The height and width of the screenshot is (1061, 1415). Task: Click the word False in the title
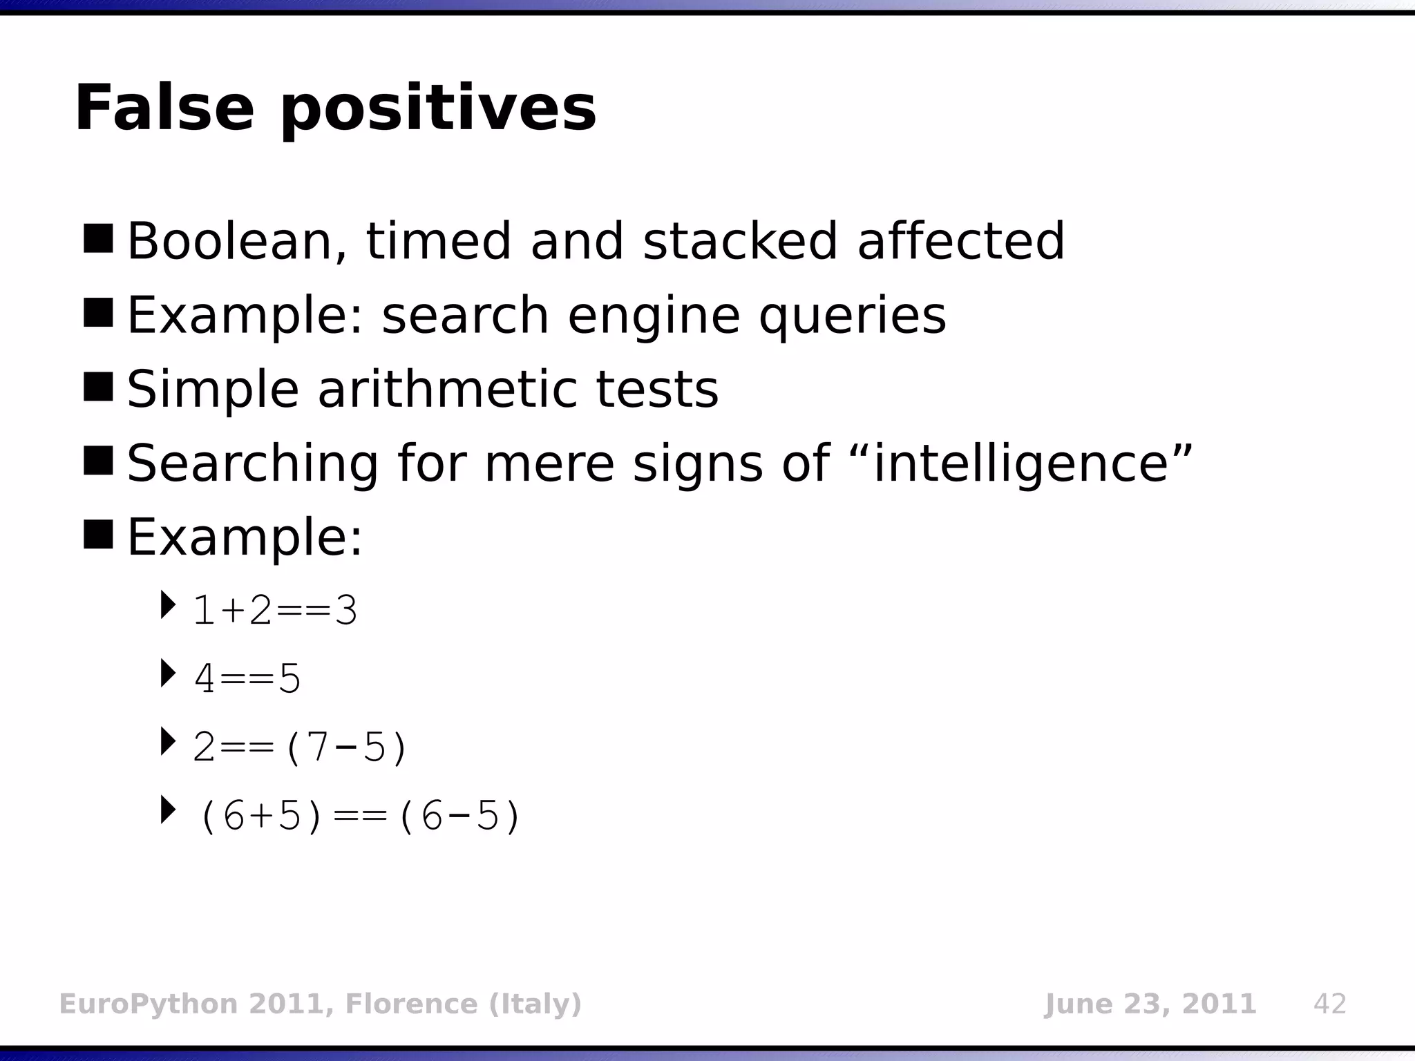tap(164, 108)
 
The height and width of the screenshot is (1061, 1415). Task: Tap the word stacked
tap(740, 241)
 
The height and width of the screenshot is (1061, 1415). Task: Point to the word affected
tap(960, 241)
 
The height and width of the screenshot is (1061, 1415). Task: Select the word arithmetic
tap(446, 389)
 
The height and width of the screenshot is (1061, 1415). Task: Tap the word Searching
tap(252, 464)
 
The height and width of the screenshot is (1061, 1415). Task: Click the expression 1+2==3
tap(275, 611)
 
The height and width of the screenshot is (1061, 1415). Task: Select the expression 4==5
tap(247, 679)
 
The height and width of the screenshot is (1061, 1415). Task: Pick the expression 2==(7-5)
tap(301, 747)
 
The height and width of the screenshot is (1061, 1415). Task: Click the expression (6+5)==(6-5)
tap(359, 816)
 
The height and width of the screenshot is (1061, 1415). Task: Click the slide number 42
tap(1329, 1004)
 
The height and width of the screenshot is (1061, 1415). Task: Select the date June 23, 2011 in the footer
tap(1150, 1004)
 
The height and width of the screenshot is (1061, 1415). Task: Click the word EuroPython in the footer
tap(149, 1004)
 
